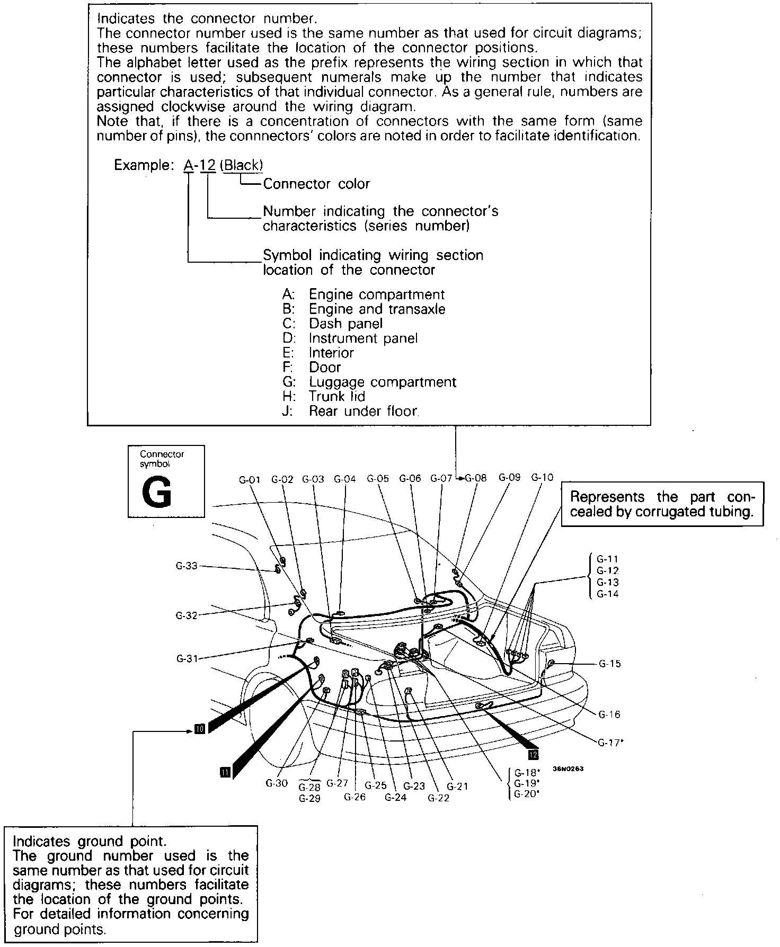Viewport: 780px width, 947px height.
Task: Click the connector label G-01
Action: (x=250, y=480)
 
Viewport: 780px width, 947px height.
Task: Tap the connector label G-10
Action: (x=542, y=478)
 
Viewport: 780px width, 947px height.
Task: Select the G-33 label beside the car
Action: (x=187, y=566)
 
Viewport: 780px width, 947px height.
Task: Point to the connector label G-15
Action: (x=609, y=664)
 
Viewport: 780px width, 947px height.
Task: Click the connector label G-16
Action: (x=609, y=714)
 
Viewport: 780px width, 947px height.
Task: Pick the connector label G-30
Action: (x=277, y=783)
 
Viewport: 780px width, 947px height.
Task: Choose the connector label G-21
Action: (x=457, y=787)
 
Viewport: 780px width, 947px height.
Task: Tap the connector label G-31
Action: (x=187, y=659)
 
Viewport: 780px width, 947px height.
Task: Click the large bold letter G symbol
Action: (x=157, y=494)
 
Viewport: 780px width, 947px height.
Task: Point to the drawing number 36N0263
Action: (x=568, y=769)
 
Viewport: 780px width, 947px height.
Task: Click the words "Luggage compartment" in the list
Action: (x=382, y=382)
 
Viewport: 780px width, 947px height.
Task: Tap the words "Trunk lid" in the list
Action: (x=337, y=396)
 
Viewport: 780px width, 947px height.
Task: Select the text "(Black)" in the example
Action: (x=242, y=165)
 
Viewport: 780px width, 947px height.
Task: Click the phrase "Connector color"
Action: (x=316, y=184)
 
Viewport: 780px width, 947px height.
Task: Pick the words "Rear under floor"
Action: (x=364, y=411)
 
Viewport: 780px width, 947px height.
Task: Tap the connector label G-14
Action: (x=607, y=594)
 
